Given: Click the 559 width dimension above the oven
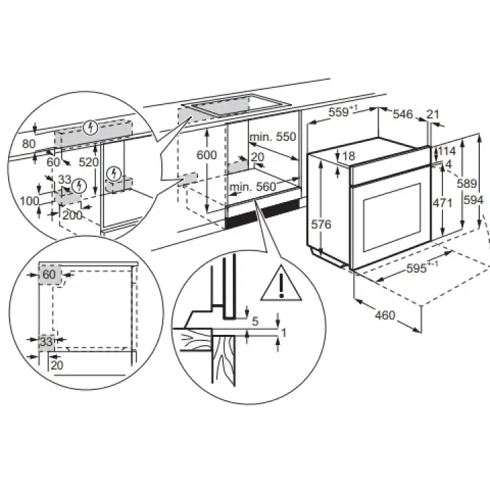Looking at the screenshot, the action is [x=339, y=112].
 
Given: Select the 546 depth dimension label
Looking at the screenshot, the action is [x=403, y=114].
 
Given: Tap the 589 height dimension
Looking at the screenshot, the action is [x=467, y=184].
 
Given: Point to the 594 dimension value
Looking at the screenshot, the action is [x=474, y=200].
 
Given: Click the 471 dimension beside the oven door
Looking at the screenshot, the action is [x=442, y=203].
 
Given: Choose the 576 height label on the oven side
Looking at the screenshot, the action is [x=321, y=225].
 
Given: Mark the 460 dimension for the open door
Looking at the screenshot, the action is [x=385, y=315].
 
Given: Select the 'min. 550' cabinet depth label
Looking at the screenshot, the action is [x=273, y=137].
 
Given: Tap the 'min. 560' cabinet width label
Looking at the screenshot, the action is [x=252, y=187].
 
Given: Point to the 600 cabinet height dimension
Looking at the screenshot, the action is [x=206, y=155].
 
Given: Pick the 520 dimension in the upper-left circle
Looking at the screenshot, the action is [x=88, y=162].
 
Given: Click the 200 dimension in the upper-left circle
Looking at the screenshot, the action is [x=72, y=215].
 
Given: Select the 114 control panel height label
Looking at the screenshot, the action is [x=447, y=151].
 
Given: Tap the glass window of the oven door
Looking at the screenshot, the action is [x=392, y=217].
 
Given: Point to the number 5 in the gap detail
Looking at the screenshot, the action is [x=255, y=321].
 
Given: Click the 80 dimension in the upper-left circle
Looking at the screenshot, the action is [x=29, y=144].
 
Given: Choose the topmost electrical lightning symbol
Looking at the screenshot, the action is [x=91, y=127].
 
